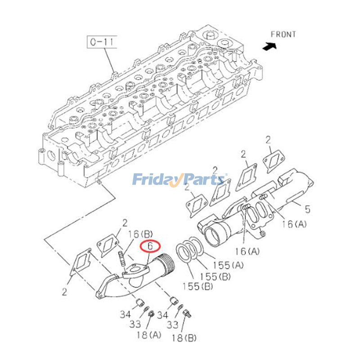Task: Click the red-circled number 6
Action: (150, 246)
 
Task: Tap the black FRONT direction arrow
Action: (270, 46)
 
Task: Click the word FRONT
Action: (283, 35)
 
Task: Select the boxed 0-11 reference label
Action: (102, 42)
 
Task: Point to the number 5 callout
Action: (307, 209)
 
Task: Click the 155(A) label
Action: (228, 265)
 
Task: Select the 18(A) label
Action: (149, 335)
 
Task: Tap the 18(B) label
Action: (184, 338)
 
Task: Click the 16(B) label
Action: (140, 234)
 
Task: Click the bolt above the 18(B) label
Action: (187, 314)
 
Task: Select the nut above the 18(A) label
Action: (151, 313)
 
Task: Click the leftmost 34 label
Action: (125, 314)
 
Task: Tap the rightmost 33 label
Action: (172, 324)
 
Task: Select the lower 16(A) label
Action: (247, 252)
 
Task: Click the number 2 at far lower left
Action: (64, 292)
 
